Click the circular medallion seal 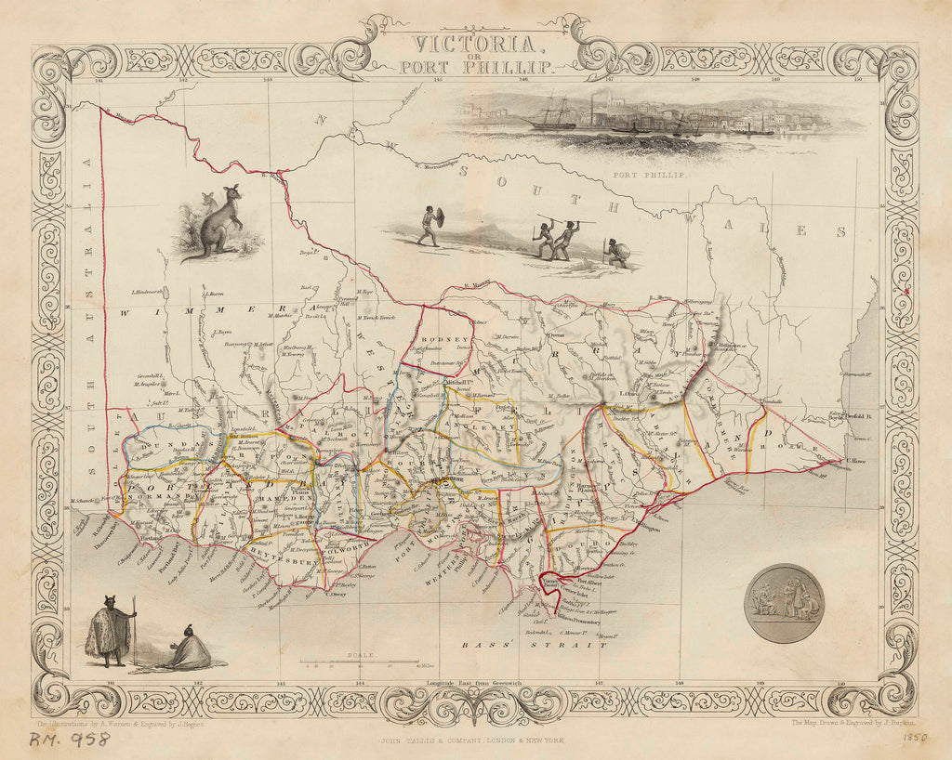click(785, 603)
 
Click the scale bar click(357, 662)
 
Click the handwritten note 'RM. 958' click(69, 740)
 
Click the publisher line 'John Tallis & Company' click(475, 740)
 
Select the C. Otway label click(336, 596)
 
